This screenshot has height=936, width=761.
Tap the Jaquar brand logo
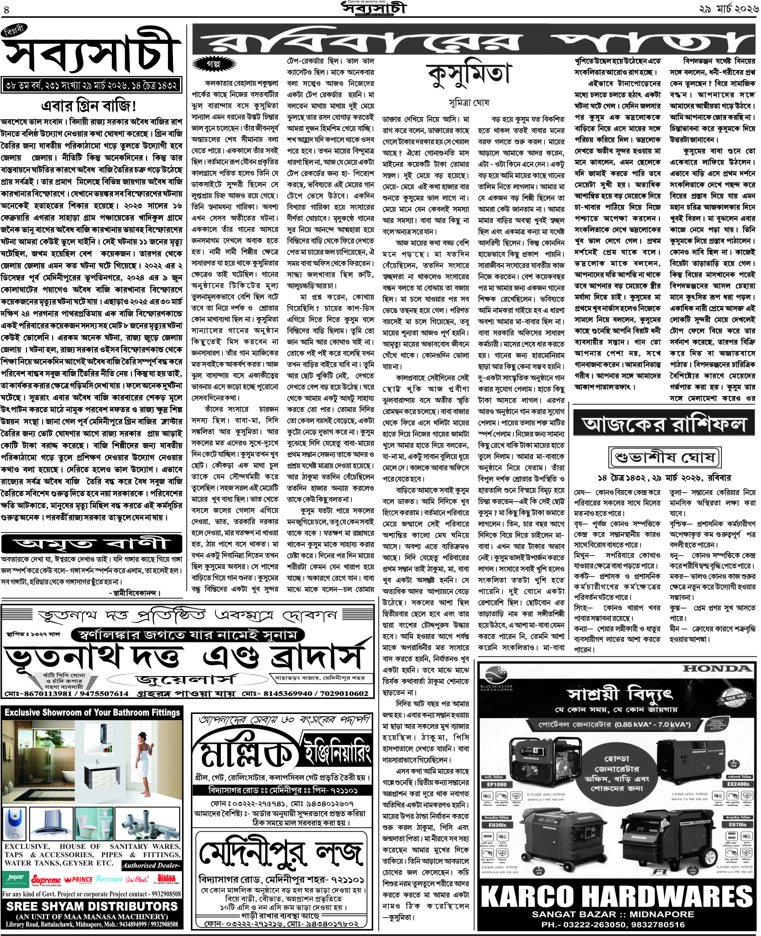(x=16, y=878)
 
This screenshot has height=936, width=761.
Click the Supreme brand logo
(x=46, y=880)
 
